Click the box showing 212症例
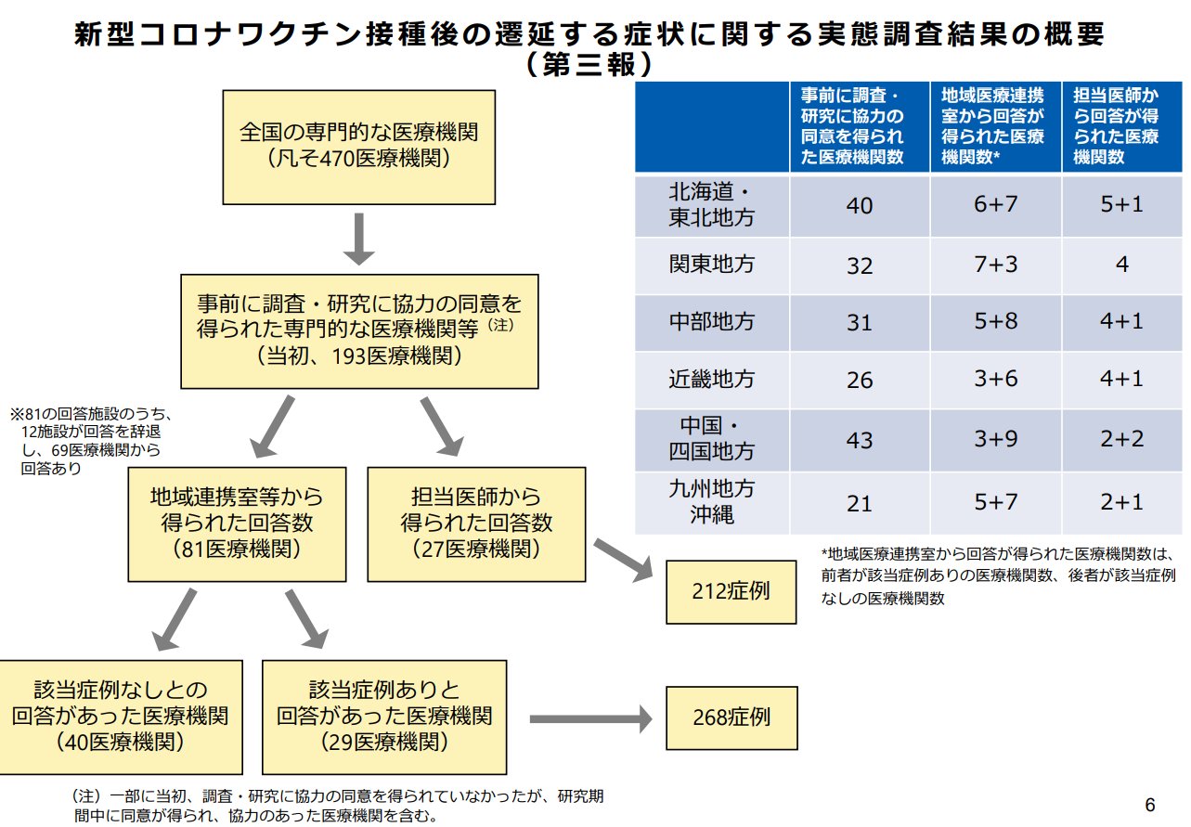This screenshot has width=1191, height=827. pos(731,591)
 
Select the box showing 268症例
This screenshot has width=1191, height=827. pos(731,717)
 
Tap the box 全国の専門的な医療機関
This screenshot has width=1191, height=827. pos(358,147)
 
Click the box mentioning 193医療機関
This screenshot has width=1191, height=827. pos(358,330)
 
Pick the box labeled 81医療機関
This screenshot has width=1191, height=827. pos(237,523)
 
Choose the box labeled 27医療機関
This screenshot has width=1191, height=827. pos(476,523)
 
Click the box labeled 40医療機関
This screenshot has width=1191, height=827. pos(121,717)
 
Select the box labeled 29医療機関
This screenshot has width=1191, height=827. pos(384,717)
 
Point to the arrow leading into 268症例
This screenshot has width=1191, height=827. pos(590,718)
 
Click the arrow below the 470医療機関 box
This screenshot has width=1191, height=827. pos(358,239)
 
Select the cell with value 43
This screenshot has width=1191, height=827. pos(860,438)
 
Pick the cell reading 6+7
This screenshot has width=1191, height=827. pos(995,204)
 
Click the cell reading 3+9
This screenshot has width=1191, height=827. pos(995,438)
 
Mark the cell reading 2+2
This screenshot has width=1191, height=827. pos(1121,438)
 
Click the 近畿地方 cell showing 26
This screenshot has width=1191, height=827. pos(860,380)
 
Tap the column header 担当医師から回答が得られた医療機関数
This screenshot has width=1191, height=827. pos(1121,126)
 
